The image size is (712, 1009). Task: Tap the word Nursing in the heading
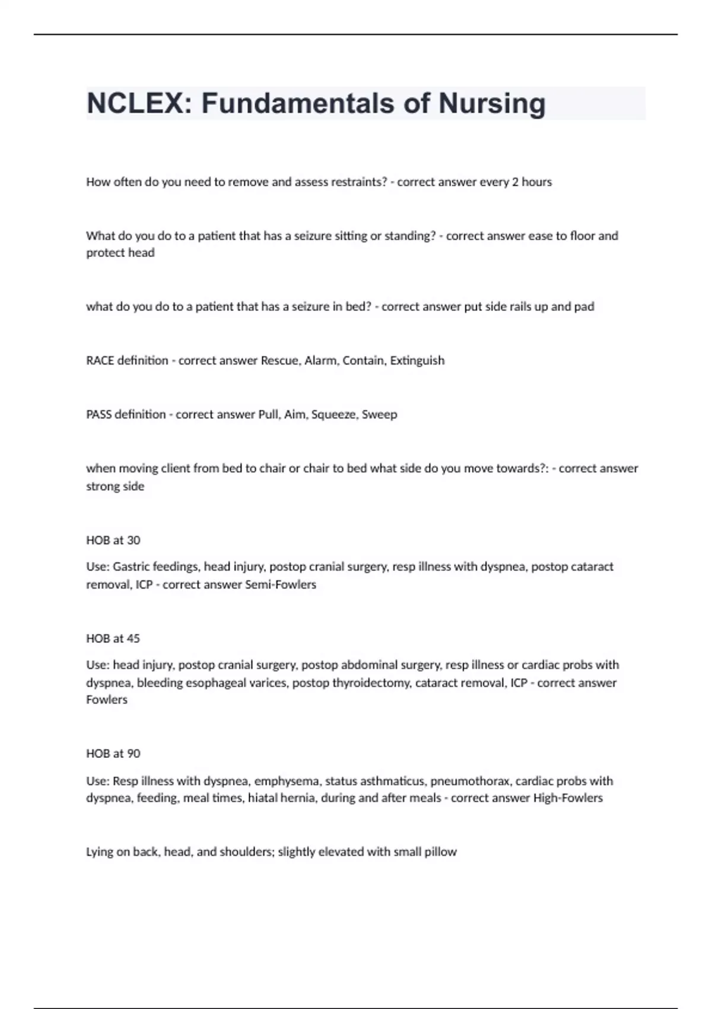click(492, 103)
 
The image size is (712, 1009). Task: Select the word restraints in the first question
click(355, 182)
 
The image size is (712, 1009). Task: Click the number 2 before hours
click(515, 182)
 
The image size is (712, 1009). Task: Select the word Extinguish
click(417, 361)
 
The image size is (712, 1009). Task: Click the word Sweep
click(379, 414)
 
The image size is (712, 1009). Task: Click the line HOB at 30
click(113, 540)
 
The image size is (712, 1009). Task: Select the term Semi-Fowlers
click(281, 585)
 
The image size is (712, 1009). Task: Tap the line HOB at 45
click(113, 639)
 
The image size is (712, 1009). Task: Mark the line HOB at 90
click(113, 754)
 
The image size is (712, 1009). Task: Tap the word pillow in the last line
click(440, 852)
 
